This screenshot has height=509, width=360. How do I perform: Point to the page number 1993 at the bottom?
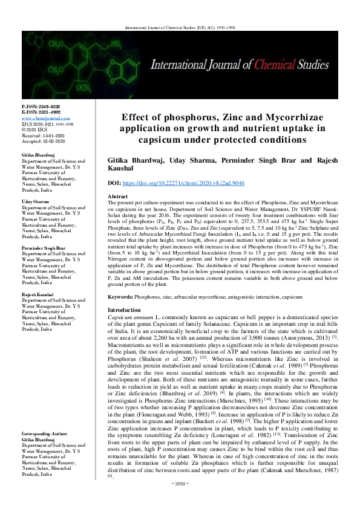(180, 500)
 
